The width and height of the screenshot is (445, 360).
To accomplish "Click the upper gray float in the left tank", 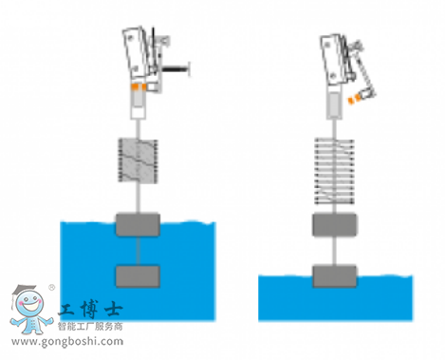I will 138,225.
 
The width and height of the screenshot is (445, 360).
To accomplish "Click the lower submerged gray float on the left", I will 138,275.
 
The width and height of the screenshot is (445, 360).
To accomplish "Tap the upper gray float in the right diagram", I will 336,225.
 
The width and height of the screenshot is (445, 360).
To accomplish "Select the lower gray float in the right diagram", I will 336,275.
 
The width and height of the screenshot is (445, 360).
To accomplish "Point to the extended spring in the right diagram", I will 336,169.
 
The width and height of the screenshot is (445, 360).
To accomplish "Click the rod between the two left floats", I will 138,251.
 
